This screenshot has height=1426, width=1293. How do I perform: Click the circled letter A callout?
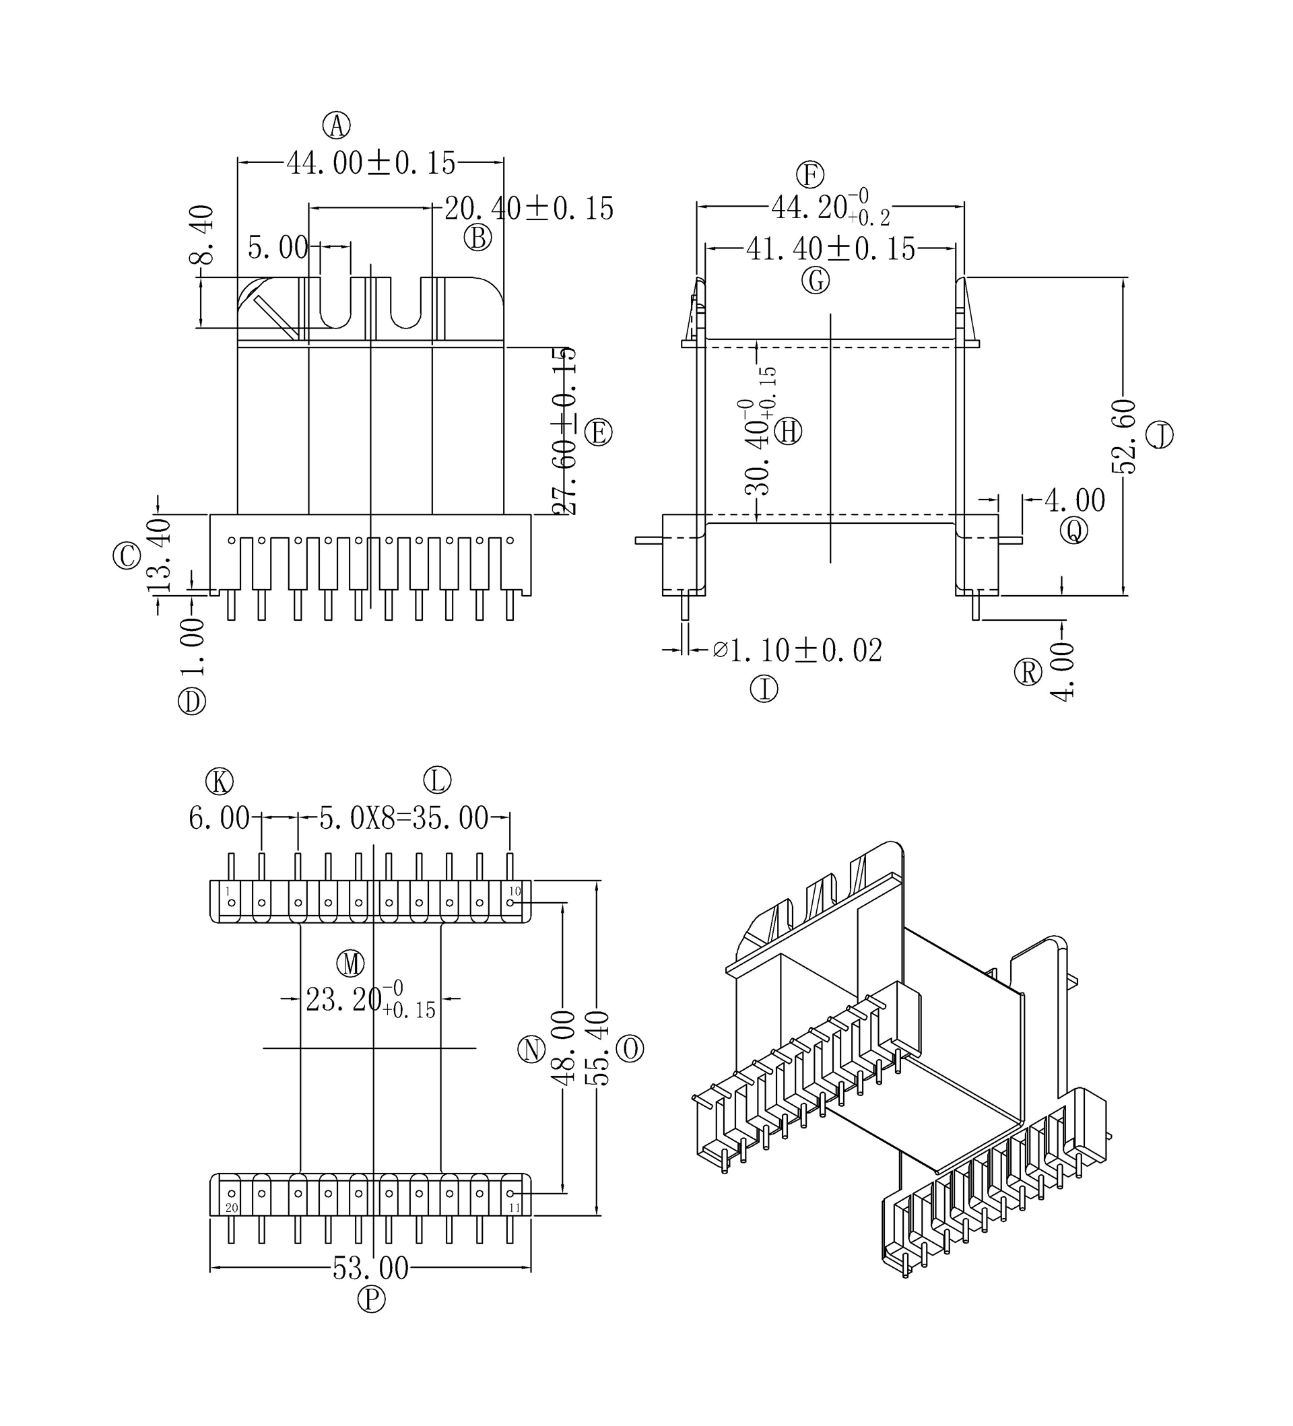337,126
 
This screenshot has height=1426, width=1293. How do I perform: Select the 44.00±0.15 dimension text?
370,164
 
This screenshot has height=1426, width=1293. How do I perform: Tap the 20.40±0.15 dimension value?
529,209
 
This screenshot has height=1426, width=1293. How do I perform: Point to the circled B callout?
477,238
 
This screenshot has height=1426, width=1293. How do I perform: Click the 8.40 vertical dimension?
201,234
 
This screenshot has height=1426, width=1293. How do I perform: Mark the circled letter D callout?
192,702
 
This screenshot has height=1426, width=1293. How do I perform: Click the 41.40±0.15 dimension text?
830,249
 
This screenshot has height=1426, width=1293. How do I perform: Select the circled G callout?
816,281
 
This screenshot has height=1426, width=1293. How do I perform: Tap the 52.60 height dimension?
1123,436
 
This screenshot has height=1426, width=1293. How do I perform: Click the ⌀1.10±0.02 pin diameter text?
798,650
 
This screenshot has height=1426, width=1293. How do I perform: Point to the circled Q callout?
1073,531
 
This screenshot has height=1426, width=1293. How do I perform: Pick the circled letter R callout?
1028,673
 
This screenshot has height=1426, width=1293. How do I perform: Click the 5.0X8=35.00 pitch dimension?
403,819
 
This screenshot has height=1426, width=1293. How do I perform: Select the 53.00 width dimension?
370,1268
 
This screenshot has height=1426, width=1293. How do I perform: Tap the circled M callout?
350,963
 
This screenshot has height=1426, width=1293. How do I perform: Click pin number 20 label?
231,1207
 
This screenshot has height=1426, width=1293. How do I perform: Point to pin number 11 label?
515,1207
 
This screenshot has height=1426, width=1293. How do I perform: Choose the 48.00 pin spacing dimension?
562,1048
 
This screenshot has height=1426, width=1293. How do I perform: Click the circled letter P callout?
371,1299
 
